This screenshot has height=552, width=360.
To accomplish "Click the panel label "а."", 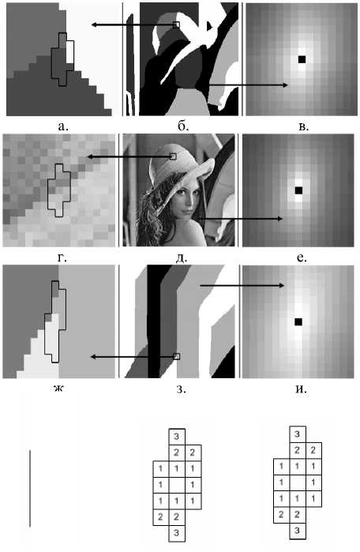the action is point(63,126).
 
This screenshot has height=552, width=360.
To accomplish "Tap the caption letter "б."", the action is point(183,126).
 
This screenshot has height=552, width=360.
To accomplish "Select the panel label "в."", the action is point(303,126).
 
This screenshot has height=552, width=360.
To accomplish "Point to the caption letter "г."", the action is point(62,258).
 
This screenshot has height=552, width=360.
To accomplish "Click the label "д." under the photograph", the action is point(182,258).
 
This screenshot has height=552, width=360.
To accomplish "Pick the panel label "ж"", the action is point(58,389).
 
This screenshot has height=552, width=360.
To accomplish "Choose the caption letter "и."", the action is point(301,389).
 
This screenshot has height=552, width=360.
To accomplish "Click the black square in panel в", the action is point(302,59).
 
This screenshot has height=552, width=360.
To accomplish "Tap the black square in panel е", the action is point(298,190).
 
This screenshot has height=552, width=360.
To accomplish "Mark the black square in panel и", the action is point(298,321).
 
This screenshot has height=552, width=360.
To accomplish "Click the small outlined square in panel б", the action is point(176,24).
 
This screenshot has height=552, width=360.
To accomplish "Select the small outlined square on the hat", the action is point(173,156).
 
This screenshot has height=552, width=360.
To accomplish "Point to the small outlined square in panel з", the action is point(177,357).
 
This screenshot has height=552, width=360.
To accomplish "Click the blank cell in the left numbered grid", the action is point(176,485).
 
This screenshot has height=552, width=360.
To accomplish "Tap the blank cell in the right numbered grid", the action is point(297,483).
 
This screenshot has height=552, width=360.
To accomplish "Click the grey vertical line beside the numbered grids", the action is point(30,488).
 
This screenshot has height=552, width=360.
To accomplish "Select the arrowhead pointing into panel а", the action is point(94,24).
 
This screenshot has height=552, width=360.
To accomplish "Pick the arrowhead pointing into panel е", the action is point(279,219).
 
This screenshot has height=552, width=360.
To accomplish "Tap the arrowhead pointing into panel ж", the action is point(93,357).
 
